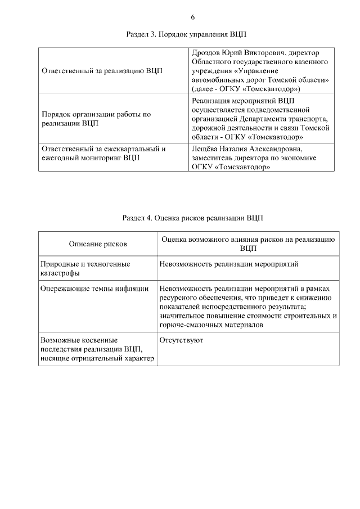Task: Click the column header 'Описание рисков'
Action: pos(98,244)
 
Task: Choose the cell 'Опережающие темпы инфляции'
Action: pos(95,289)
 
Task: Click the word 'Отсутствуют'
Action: pos(182,340)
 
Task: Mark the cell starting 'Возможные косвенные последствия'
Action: pos(97,349)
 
